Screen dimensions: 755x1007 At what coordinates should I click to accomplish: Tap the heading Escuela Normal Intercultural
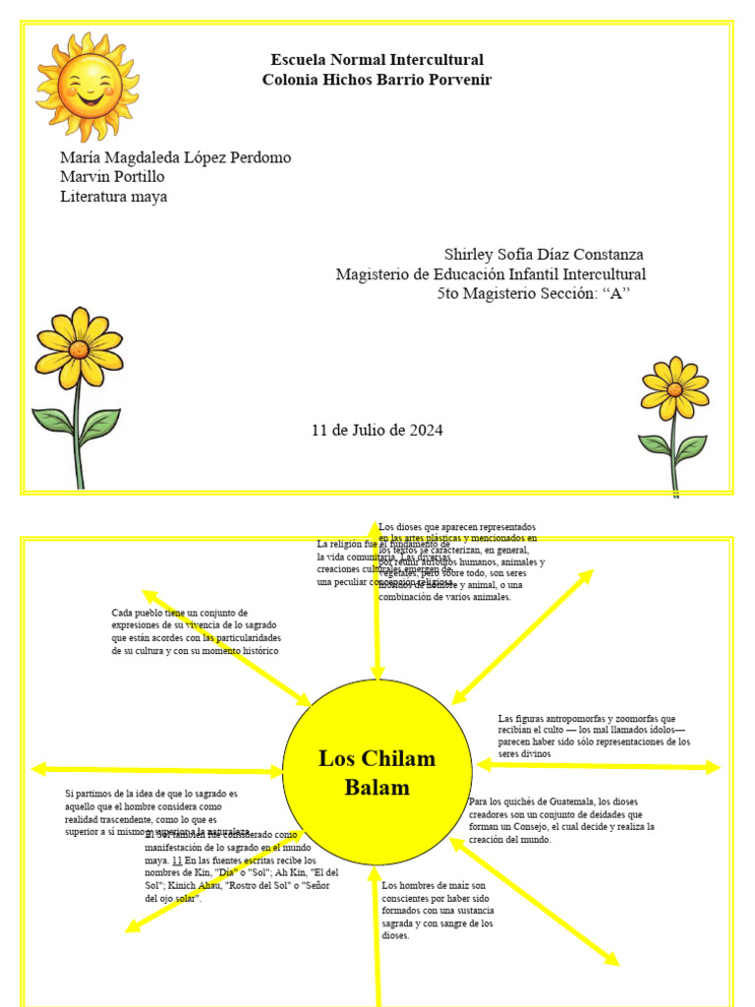click(377, 60)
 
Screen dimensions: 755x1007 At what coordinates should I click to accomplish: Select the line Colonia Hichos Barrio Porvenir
click(377, 80)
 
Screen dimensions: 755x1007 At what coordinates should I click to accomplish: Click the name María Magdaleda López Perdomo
click(175, 157)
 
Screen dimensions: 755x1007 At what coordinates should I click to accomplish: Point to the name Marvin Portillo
click(112, 177)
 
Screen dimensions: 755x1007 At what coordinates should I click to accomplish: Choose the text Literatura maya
click(113, 197)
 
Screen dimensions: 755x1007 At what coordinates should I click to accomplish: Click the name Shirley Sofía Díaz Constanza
click(544, 255)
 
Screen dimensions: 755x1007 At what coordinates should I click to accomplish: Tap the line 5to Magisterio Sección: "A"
click(533, 294)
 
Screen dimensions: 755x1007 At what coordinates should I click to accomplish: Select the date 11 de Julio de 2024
click(377, 430)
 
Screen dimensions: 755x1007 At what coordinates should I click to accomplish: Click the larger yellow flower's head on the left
click(79, 348)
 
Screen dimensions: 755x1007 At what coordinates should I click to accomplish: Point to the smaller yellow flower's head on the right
click(674, 388)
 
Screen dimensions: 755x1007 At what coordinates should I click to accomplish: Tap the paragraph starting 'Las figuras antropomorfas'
click(594, 736)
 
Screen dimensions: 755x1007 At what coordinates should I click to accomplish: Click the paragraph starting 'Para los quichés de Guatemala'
click(560, 820)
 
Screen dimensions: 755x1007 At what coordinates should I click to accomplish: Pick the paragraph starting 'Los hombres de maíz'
click(437, 910)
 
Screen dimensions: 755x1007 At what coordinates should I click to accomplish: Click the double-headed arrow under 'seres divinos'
click(599, 766)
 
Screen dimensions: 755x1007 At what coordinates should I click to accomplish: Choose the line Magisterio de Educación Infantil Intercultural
click(491, 274)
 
